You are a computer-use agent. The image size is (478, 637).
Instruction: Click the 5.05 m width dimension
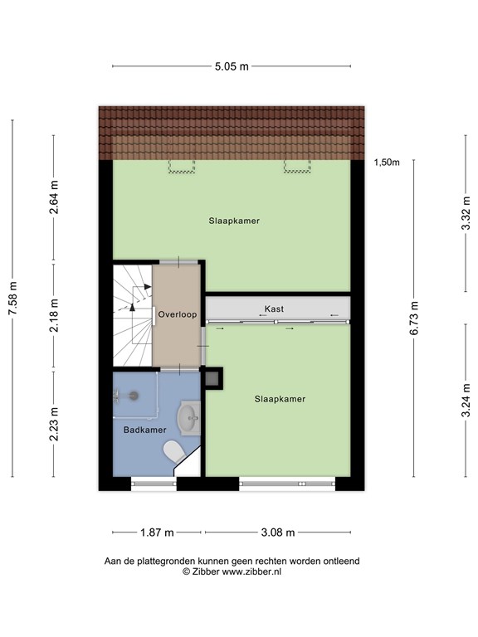pyautogui.click(x=232, y=66)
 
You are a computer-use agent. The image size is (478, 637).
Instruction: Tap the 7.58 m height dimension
pyautogui.click(x=13, y=299)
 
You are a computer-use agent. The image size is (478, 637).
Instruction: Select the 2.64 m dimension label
pyautogui.click(x=54, y=197)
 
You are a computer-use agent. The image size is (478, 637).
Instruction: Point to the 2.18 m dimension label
pyautogui.click(x=54, y=315)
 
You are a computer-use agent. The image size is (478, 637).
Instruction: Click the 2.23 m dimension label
pyautogui.click(x=54, y=424)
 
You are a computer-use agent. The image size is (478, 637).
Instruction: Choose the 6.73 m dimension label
pyautogui.click(x=414, y=318)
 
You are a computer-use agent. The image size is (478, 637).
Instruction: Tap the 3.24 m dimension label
pyautogui.click(x=466, y=400)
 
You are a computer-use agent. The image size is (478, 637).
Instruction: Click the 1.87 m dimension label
pyautogui.click(x=157, y=532)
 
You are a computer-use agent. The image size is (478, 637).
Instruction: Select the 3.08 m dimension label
pyautogui.click(x=278, y=532)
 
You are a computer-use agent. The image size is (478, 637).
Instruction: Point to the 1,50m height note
pyautogui.click(x=387, y=163)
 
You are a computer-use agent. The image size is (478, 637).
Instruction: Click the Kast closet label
pyautogui.click(x=274, y=309)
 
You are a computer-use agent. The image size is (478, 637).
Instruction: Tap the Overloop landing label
pyautogui.click(x=178, y=314)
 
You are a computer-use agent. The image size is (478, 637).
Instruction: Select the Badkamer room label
pyautogui.click(x=145, y=430)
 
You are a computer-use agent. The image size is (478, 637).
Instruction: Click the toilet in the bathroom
pyautogui.click(x=173, y=451)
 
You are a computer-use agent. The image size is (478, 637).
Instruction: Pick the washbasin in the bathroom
pyautogui.click(x=189, y=418)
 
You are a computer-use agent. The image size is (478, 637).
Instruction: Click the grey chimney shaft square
pyautogui.click(x=212, y=378)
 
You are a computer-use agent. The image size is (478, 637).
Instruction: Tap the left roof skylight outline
pyautogui.click(x=182, y=166)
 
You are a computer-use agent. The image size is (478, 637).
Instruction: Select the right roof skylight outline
pyautogui.click(x=297, y=166)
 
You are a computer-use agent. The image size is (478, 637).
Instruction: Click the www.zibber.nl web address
pyautogui.click(x=251, y=571)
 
